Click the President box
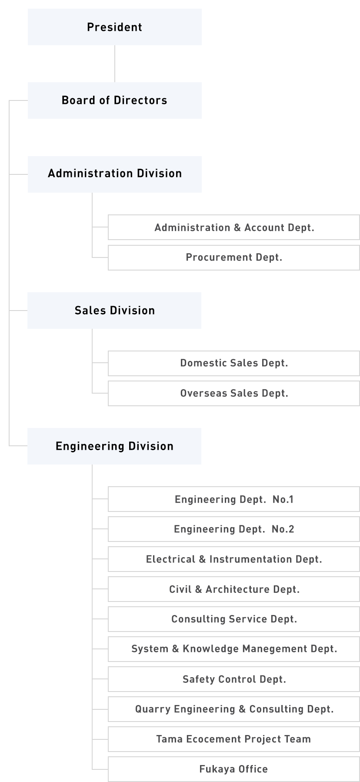114,27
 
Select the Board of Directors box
114,100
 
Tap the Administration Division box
114,174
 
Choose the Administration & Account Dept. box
234,227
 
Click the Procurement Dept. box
234,257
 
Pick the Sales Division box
114,311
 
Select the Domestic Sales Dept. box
234,363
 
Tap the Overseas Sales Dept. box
234,394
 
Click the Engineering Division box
114,446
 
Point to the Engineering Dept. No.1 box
234,499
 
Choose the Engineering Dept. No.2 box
234,529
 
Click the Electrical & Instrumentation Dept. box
234,559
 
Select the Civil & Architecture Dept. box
234,589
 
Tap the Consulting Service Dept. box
234,619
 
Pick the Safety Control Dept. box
234,679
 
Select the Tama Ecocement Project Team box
234,739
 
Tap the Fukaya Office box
234,769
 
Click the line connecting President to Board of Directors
115,64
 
